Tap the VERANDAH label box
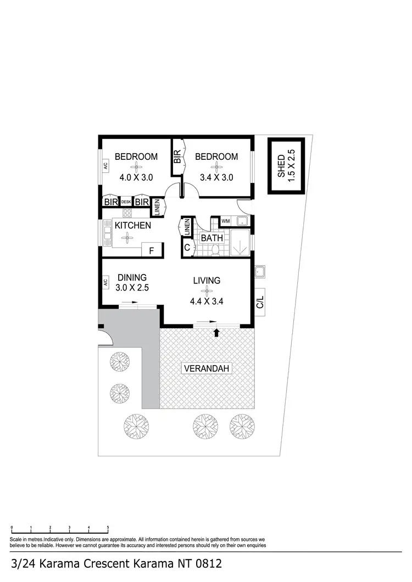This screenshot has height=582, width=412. click(x=207, y=369)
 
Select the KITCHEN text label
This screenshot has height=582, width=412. click(x=132, y=225)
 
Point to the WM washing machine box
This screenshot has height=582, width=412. click(x=225, y=222)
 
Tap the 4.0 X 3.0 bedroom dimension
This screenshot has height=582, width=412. click(x=136, y=177)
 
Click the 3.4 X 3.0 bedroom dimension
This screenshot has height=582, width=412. click(x=216, y=177)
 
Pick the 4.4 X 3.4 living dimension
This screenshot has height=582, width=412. click(x=207, y=301)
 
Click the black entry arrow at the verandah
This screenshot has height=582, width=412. click(x=216, y=332)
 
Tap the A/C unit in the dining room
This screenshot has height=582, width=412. click(x=104, y=283)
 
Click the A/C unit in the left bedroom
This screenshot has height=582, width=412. click(x=104, y=166)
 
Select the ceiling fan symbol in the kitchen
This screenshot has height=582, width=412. click(x=127, y=237)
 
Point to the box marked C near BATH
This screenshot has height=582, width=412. click(x=187, y=248)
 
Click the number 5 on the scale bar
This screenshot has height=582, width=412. click(x=108, y=527)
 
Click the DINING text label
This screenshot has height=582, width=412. click(x=132, y=277)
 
